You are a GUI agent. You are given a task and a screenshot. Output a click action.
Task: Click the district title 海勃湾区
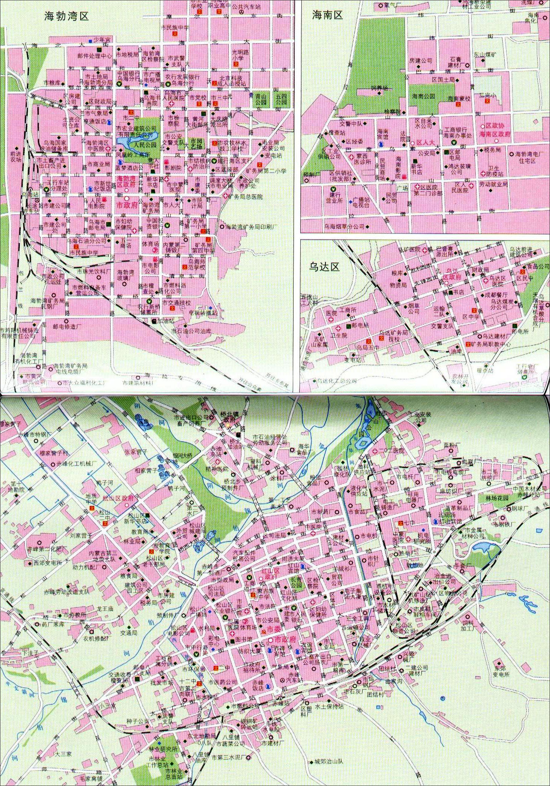pyautogui.click(x=66, y=16)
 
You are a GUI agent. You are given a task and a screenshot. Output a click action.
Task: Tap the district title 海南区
pyautogui.click(x=328, y=15)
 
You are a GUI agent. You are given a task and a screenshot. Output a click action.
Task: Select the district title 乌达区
pyautogui.click(x=324, y=267)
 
